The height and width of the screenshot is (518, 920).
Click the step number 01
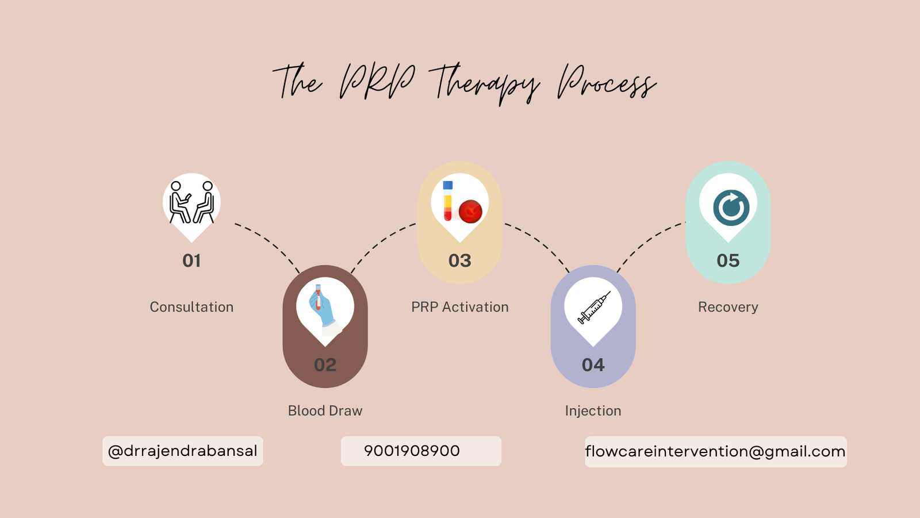[x=191, y=261]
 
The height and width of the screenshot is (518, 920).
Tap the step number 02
[x=325, y=364]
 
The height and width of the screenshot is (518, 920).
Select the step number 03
[x=459, y=261]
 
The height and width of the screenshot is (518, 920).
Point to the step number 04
[x=593, y=364]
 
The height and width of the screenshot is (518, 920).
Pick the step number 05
[x=728, y=261]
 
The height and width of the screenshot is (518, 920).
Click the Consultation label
[x=191, y=307]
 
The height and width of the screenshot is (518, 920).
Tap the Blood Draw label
[x=325, y=411]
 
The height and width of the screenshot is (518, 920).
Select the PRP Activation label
[x=459, y=307]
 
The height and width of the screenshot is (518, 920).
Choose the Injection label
[x=593, y=411]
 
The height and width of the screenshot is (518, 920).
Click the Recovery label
[x=728, y=307]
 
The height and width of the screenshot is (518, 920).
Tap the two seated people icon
[x=192, y=202]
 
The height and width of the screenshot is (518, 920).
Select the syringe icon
[x=594, y=308]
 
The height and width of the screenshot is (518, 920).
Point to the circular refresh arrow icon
[x=731, y=208]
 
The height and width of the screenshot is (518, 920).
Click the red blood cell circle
[x=470, y=212]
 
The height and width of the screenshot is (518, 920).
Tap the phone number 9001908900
[x=412, y=451]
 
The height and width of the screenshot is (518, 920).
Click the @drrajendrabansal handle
[x=182, y=451]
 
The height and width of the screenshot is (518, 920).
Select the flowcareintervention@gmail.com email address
[x=715, y=451]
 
